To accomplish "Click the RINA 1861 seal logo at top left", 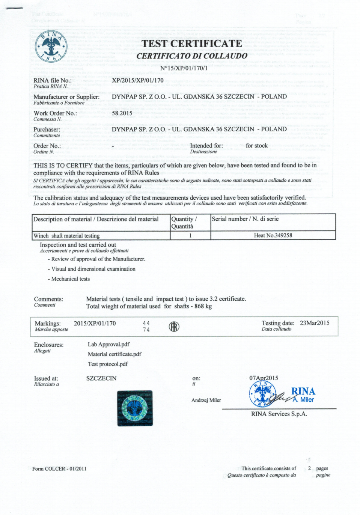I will tap(51, 47).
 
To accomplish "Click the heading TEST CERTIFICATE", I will tap(192, 44).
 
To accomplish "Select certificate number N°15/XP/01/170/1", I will tap(184, 68).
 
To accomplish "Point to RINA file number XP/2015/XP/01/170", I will tap(137, 80).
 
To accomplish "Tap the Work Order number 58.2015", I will tap(122, 113).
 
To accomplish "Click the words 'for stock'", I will tap(257, 146).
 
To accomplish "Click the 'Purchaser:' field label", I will tap(47, 130).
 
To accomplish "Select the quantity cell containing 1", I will tap(190, 236).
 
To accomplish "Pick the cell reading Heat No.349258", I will tap(273, 236).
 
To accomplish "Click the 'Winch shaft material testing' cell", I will tap(66, 236).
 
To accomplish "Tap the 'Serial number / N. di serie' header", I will tap(245, 219).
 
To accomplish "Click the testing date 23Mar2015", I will tap(315, 323).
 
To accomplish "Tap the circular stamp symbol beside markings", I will tap(174, 327).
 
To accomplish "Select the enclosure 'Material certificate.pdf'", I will tap(114, 354).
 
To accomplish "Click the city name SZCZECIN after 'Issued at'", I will tap(101, 378).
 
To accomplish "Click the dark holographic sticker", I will tap(135, 408).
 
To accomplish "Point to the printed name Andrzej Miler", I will tap(206, 400).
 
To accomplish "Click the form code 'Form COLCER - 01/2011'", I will tap(59, 468).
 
